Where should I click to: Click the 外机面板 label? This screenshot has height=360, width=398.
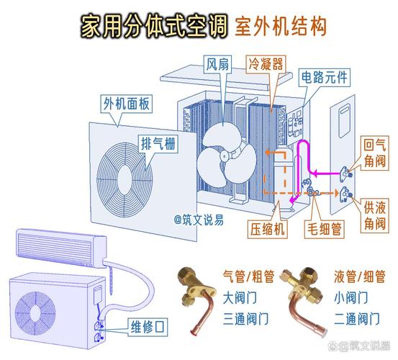126,104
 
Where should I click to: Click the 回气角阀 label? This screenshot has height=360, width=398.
374,154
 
